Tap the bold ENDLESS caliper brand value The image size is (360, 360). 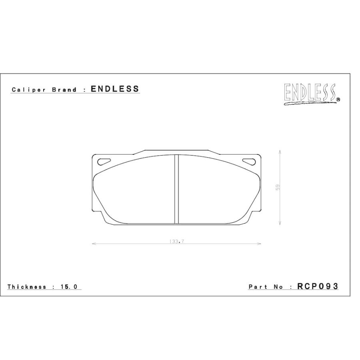tap(115, 89)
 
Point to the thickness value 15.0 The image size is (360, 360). tap(72, 287)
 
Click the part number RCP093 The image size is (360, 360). tap(318, 286)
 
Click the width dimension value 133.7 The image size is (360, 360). tap(176, 241)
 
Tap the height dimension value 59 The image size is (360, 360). tap(277, 188)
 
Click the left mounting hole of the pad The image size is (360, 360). tap(104, 161)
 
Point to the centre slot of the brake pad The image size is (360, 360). tap(176, 189)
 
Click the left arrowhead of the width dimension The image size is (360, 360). tap(94, 243)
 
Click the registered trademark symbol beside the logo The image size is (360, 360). tap(338, 101)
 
